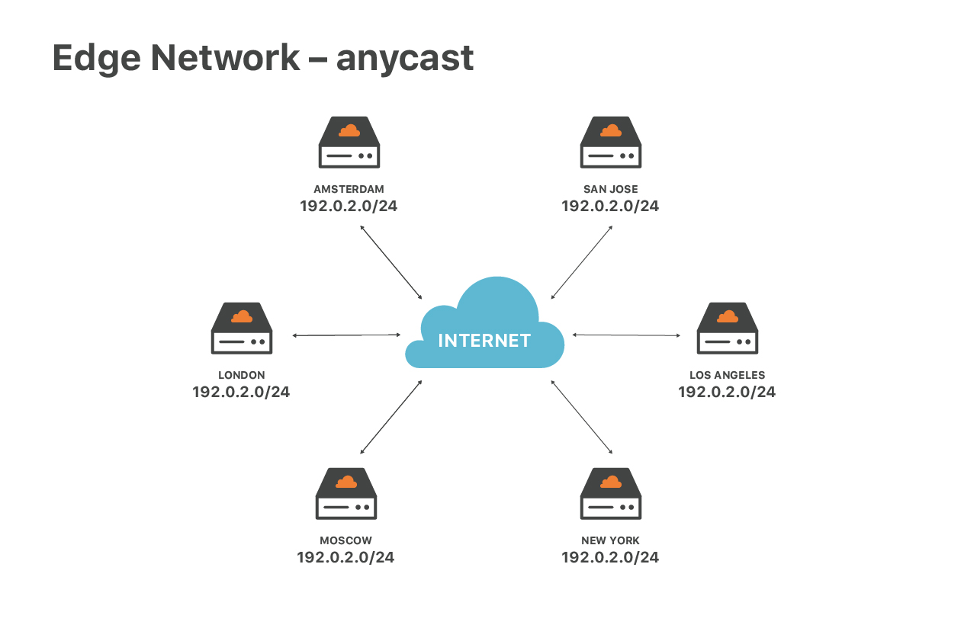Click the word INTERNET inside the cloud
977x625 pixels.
(x=484, y=341)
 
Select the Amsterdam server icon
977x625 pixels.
(x=349, y=143)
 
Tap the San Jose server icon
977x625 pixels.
(x=610, y=143)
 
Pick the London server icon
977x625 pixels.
(x=242, y=329)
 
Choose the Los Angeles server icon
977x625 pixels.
(x=728, y=329)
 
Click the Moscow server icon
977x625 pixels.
(x=346, y=494)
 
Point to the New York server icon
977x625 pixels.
(x=610, y=494)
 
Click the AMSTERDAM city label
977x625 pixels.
(x=349, y=189)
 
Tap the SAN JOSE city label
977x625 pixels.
(x=610, y=189)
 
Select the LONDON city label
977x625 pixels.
(x=241, y=375)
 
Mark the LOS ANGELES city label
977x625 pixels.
(x=727, y=375)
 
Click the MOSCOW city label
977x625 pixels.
(x=345, y=540)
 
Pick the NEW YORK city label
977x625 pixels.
(x=610, y=540)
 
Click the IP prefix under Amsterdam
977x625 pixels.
(x=349, y=206)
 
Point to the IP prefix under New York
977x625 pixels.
(x=610, y=557)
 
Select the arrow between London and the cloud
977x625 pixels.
(x=346, y=335)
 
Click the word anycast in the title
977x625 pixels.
(x=405, y=59)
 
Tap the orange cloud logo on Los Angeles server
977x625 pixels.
(x=728, y=316)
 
